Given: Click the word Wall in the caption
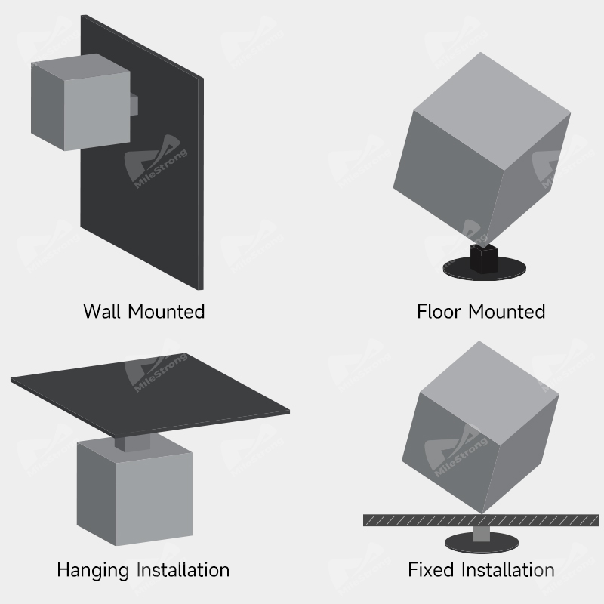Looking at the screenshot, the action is point(103,311).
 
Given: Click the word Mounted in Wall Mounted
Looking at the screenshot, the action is point(166,311).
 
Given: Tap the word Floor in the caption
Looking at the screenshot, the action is point(439,311).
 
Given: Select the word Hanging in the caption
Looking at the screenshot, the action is point(93,570).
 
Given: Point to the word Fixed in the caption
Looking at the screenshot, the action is point(431,569).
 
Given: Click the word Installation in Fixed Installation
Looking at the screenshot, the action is point(507,569).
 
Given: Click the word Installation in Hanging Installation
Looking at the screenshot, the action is point(183,569).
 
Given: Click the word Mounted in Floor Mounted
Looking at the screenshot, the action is point(507,311).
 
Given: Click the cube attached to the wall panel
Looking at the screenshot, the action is point(81,102).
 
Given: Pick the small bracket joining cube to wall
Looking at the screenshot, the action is point(134,104).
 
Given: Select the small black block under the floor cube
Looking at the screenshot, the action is point(484,259).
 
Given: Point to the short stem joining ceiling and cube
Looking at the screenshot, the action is point(132,443).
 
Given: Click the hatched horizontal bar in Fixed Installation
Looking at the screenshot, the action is point(481,520).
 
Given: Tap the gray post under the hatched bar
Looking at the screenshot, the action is point(482,534).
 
